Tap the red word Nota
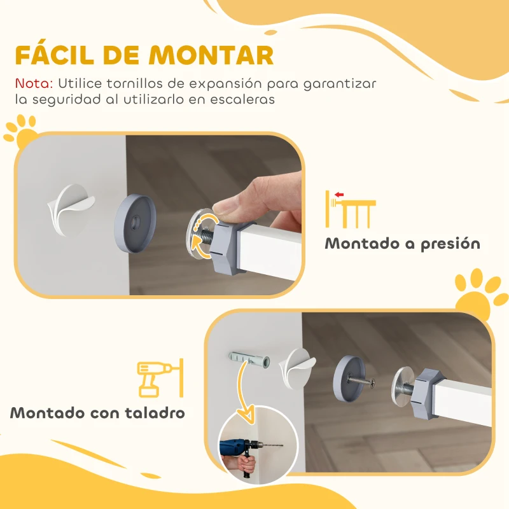[x=34, y=84]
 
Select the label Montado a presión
[x=402, y=244]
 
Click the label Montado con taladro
[x=97, y=412]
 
